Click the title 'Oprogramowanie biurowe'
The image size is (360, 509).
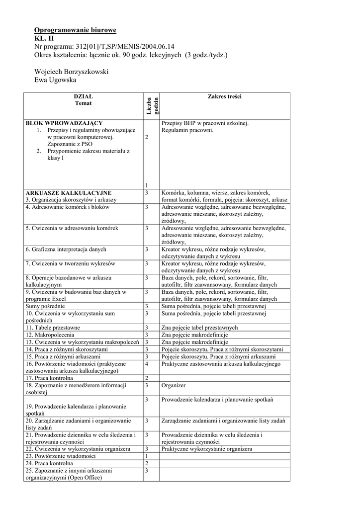75,30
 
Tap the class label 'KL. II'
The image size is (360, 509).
45,38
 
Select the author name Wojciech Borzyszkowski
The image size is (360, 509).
72,72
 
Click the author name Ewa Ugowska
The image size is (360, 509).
56,80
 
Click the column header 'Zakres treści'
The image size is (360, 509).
225,97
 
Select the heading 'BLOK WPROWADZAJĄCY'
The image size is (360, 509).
64,123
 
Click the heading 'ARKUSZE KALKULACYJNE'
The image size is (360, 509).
69,192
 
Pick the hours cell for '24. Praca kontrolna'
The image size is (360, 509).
147,463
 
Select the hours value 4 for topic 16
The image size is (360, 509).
147,364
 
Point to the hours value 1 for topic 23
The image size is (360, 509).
147,456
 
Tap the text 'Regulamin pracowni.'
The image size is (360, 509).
187,130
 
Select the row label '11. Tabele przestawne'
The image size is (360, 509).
53,328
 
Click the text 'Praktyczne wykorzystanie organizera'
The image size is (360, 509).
207,449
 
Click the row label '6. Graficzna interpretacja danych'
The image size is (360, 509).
66,249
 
